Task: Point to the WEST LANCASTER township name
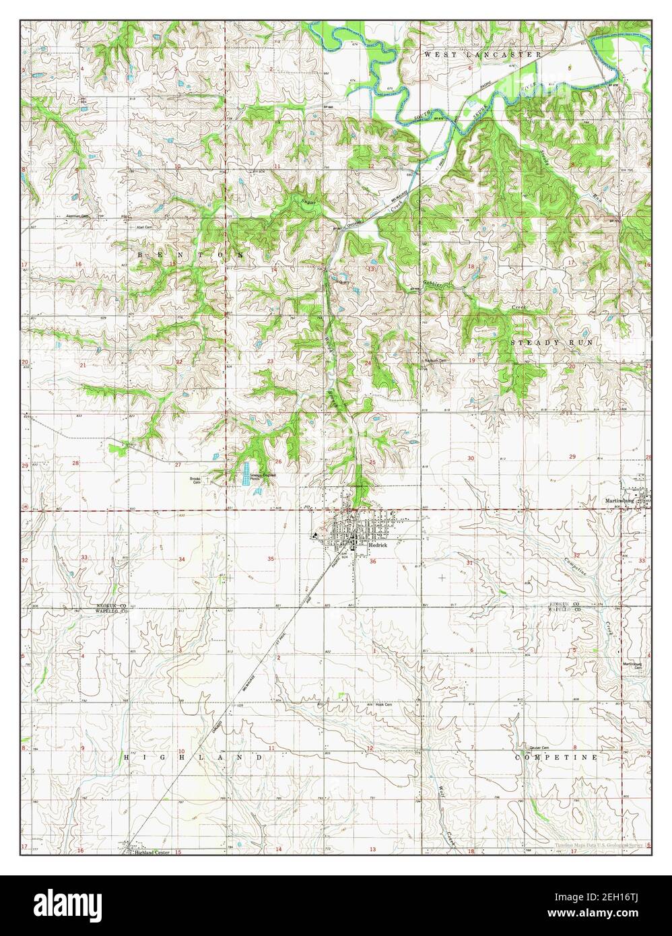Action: coord(483,53)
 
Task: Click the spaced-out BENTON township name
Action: coord(191,255)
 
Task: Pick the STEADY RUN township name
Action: coord(551,343)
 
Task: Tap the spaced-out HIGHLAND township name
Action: coord(193,758)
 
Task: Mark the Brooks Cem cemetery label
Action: coord(196,480)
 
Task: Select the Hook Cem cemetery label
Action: coord(384,705)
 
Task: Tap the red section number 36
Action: coord(372,560)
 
